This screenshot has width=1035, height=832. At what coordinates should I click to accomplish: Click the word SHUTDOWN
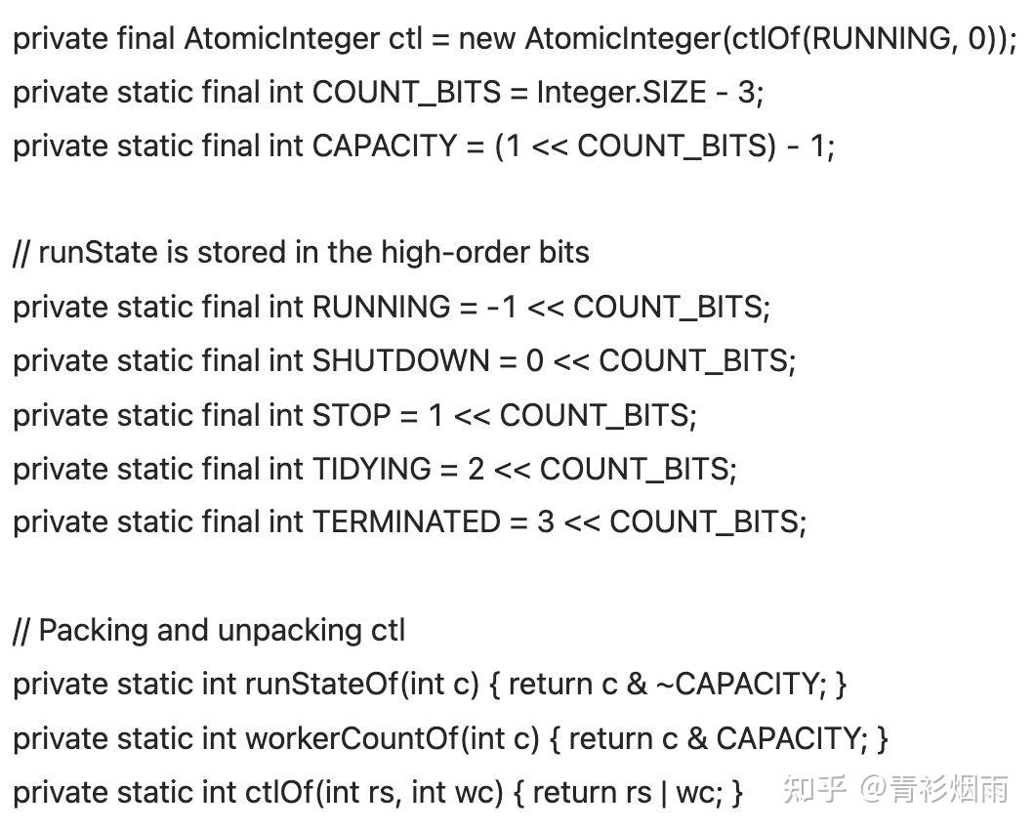[400, 361]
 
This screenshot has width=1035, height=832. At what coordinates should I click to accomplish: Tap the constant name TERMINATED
[406, 522]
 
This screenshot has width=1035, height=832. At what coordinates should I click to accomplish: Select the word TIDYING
[372, 470]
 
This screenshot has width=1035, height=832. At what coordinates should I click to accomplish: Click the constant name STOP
[352, 415]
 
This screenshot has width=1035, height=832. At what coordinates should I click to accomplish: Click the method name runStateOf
[322, 685]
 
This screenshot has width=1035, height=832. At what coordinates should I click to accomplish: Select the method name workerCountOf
[352, 738]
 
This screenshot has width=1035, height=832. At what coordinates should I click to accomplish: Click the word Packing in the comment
[93, 631]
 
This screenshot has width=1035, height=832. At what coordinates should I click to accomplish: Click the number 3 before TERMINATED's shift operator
[545, 522]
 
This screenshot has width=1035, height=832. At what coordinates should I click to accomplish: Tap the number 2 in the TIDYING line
[476, 470]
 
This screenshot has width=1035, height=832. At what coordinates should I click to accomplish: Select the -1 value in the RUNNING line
[502, 308]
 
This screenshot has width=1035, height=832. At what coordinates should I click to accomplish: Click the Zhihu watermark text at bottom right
[895, 788]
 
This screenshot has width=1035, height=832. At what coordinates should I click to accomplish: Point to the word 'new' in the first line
[486, 38]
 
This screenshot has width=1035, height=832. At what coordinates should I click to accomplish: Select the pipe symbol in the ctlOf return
[663, 792]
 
